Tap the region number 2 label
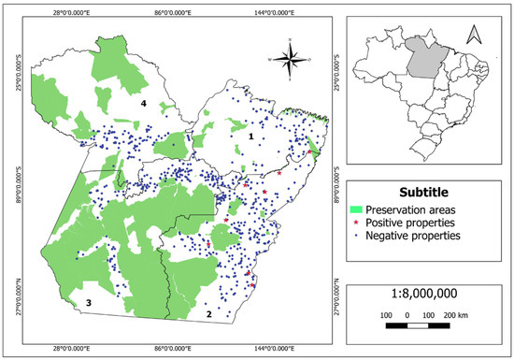(x=209, y=314)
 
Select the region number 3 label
(x=89, y=304)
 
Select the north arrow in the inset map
(x=474, y=36)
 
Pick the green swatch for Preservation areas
(x=356, y=209)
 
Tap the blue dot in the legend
(x=356, y=237)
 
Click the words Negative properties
(x=413, y=237)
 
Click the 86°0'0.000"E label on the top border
(x=172, y=12)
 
